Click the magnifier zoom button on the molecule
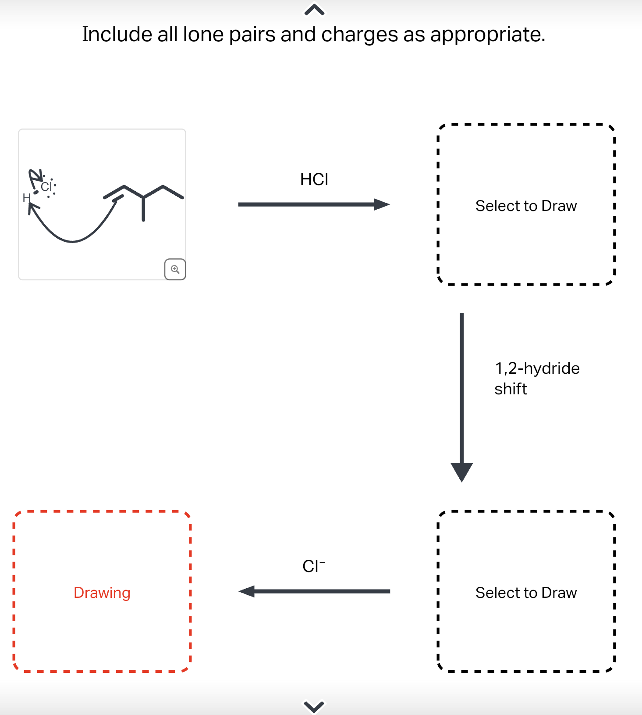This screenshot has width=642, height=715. click(175, 269)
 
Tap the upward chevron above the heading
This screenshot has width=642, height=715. click(314, 10)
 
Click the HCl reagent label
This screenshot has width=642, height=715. click(314, 179)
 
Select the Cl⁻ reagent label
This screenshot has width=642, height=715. click(314, 566)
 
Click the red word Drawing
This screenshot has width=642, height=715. click(102, 593)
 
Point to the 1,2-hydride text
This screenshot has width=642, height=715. click(537, 368)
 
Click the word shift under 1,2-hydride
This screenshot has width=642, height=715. click(511, 389)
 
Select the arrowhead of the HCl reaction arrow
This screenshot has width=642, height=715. click(382, 204)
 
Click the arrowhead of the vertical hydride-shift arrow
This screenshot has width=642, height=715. click(461, 472)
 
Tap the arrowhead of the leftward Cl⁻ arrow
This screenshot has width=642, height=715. click(247, 591)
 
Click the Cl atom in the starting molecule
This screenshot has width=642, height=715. click(46, 187)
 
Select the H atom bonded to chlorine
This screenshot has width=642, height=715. click(26, 198)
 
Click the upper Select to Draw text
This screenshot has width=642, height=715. click(526, 206)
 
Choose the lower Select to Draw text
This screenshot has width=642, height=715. click(526, 593)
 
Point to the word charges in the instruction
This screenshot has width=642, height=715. click(359, 34)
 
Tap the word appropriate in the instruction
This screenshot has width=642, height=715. click(487, 34)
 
